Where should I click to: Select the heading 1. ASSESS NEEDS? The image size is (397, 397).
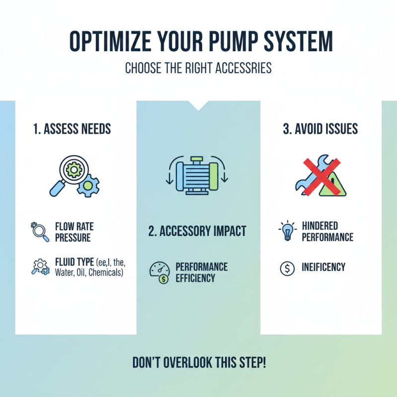(72, 130)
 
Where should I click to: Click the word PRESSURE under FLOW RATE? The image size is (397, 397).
(73, 238)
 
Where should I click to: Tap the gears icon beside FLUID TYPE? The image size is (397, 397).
(40, 267)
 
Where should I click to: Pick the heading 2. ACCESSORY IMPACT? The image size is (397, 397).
(197, 231)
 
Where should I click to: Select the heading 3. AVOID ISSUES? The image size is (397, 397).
(320, 130)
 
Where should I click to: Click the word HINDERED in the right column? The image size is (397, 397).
(320, 226)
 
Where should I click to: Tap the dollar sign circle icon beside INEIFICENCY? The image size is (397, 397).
(287, 268)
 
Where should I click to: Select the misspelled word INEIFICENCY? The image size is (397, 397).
(323, 268)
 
